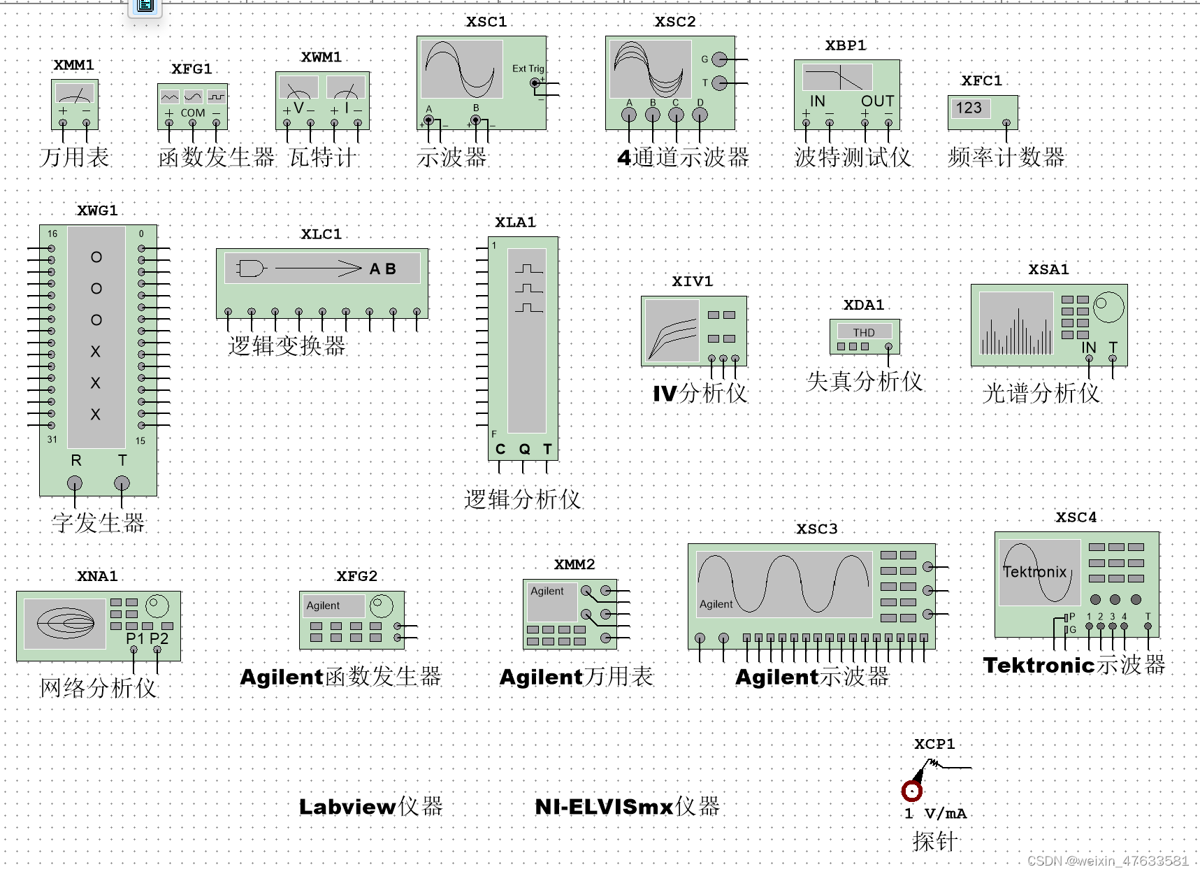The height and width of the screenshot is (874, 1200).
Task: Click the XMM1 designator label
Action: pyautogui.click(x=74, y=65)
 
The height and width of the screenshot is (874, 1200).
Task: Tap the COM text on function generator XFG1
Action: pyautogui.click(x=193, y=113)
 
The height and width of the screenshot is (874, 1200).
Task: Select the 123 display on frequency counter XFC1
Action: pyautogui.click(x=969, y=108)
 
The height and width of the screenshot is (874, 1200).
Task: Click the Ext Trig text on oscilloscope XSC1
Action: pyautogui.click(x=528, y=69)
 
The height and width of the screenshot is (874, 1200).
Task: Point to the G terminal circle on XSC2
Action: pyautogui.click(x=719, y=59)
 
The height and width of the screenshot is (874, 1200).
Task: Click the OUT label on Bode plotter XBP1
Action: pyautogui.click(x=877, y=101)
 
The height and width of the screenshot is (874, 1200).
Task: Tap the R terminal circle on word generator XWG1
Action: pyautogui.click(x=75, y=483)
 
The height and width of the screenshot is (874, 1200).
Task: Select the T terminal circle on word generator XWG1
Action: pyautogui.click(x=122, y=483)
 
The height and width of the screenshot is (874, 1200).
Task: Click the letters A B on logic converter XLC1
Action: pyautogui.click(x=382, y=268)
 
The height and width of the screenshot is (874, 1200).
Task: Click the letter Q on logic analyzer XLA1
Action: pyautogui.click(x=524, y=449)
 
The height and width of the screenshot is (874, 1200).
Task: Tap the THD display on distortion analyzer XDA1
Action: pyautogui.click(x=864, y=332)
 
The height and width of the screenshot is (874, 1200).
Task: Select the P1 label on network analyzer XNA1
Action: pyautogui.click(x=135, y=638)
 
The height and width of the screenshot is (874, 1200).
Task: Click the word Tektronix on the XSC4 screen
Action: pyautogui.click(x=1034, y=572)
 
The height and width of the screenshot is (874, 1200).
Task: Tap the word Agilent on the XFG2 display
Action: pyautogui.click(x=323, y=606)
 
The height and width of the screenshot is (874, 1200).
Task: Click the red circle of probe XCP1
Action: pyautogui.click(x=911, y=791)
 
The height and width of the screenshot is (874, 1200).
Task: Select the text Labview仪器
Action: pyautogui.click(x=370, y=806)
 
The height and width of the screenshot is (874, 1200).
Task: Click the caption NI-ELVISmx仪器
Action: pyautogui.click(x=627, y=806)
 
